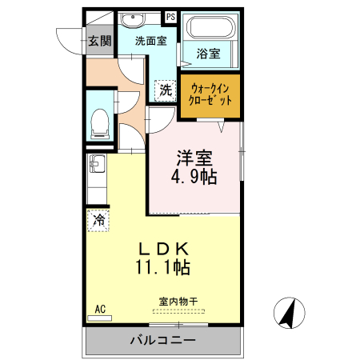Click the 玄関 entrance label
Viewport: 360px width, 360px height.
pos(99,41)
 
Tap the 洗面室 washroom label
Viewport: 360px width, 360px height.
pos(149,40)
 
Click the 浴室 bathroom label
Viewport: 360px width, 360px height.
pos(208,54)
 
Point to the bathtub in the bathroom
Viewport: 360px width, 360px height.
pos(208,30)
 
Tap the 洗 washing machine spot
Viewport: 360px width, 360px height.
pos(165,90)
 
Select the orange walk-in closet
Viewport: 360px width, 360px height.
pos(210,96)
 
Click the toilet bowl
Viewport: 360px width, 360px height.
pos(99,121)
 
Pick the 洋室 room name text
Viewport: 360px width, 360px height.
pos(194,158)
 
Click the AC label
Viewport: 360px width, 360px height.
pos(100,308)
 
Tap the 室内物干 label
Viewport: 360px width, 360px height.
pos(178,302)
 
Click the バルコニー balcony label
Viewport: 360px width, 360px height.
pos(162,341)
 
